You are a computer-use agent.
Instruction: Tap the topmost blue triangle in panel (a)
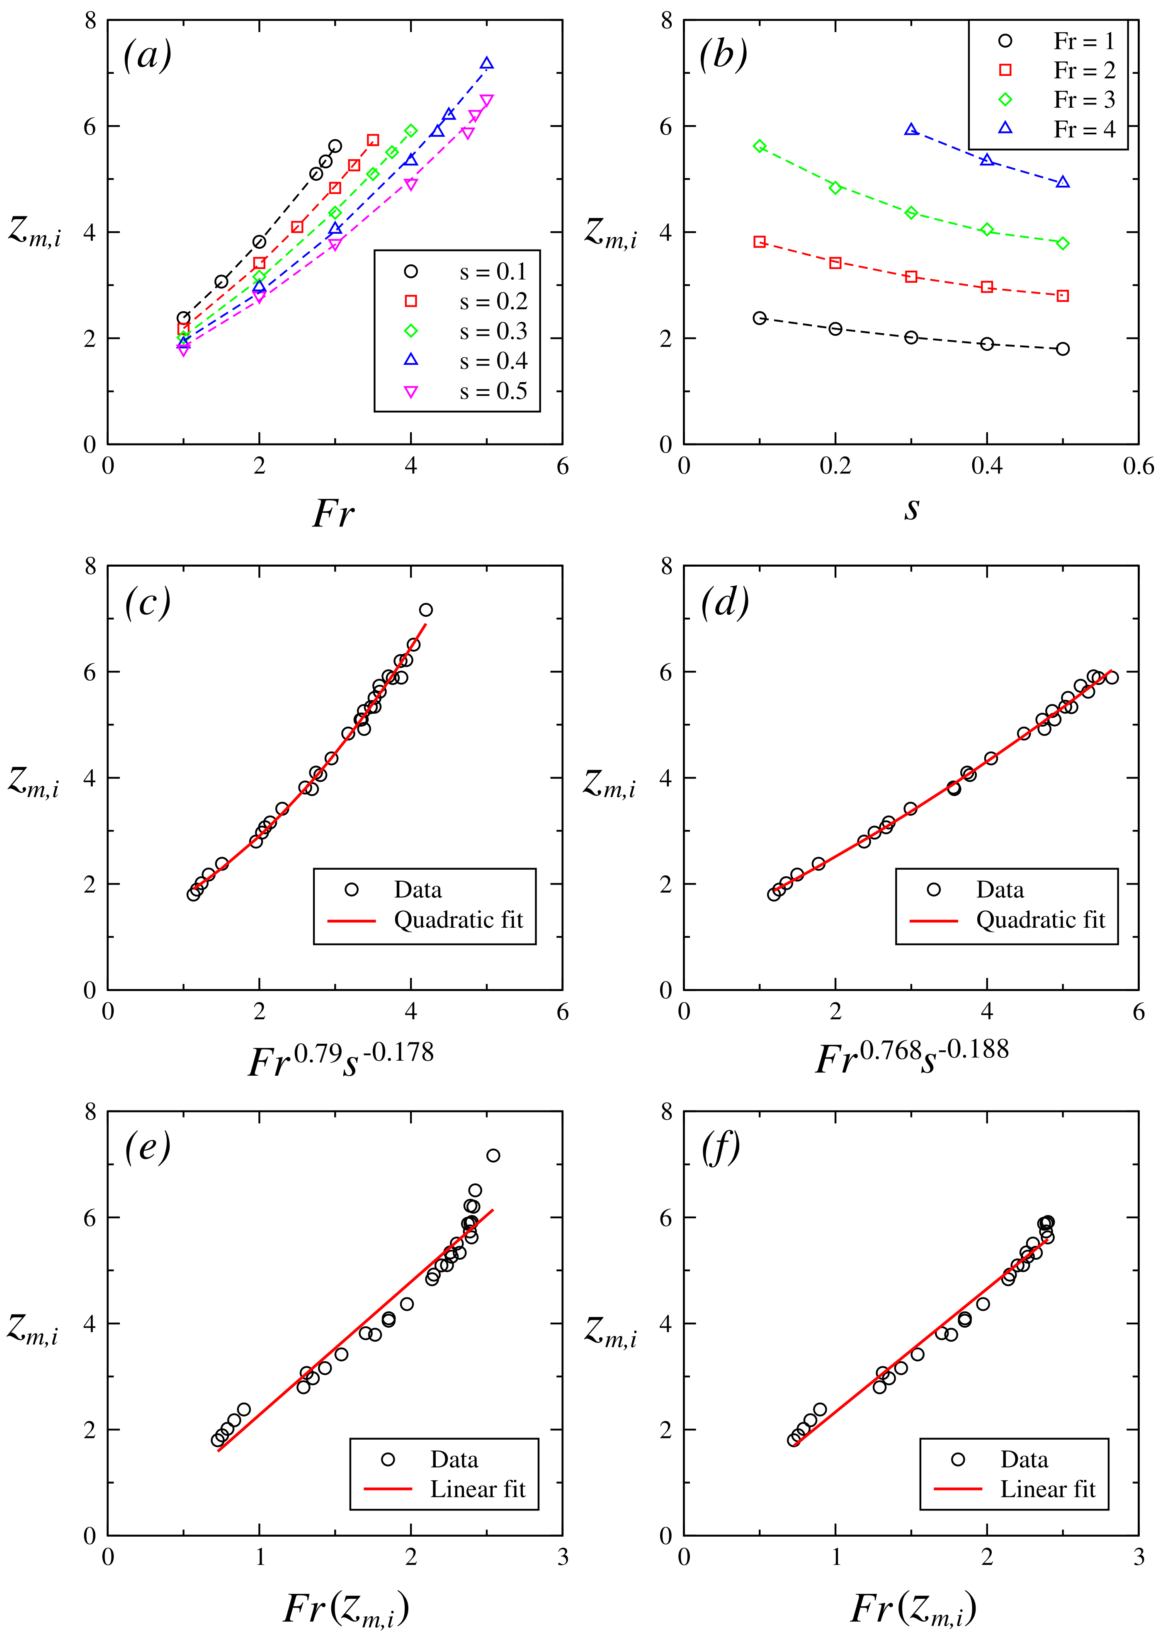click(x=486, y=64)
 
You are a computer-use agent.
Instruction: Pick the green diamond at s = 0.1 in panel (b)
click(x=760, y=146)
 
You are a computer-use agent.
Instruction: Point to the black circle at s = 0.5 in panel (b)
click(x=1063, y=349)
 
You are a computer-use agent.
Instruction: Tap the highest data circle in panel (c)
click(x=426, y=610)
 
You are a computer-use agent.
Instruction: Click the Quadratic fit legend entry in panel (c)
click(x=458, y=920)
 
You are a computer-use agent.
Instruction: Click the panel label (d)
click(x=725, y=601)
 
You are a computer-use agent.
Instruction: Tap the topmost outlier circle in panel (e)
click(x=493, y=1156)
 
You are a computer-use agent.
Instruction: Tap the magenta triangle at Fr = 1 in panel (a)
click(x=183, y=350)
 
